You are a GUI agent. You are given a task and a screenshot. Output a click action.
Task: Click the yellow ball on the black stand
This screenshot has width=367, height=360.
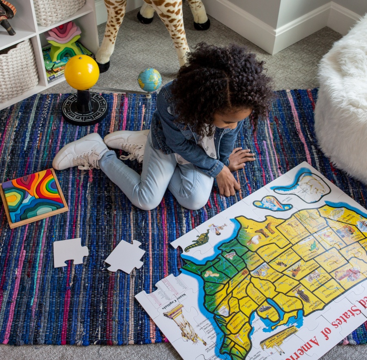(82, 72)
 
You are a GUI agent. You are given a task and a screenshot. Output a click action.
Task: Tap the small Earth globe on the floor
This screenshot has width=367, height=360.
(150, 80)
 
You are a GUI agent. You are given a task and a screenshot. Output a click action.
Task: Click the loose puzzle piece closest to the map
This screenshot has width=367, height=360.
(125, 256)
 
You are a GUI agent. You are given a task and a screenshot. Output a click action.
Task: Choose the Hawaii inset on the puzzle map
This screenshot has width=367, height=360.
(272, 203)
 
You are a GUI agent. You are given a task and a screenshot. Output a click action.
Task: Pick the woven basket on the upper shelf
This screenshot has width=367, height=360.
(60, 10)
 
